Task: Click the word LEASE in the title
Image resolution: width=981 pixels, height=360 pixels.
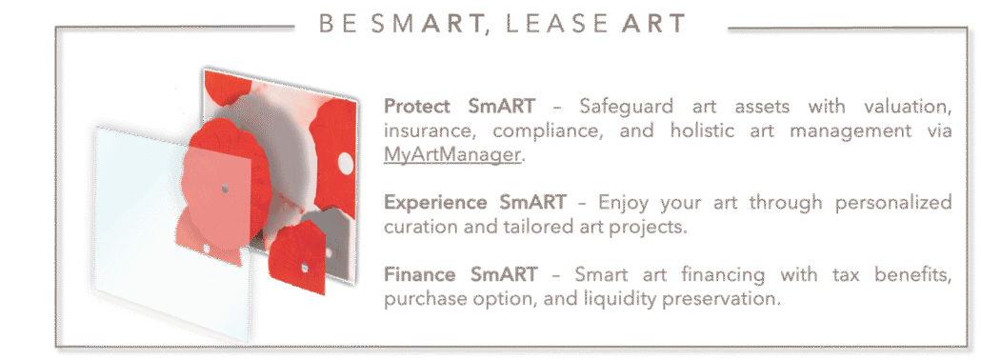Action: click(557, 24)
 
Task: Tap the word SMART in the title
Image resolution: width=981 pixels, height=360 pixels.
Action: click(429, 25)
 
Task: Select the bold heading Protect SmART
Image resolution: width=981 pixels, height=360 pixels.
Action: click(459, 106)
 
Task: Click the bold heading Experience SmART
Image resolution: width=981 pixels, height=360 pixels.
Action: click(475, 202)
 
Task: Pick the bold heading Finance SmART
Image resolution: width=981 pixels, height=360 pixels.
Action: click(460, 274)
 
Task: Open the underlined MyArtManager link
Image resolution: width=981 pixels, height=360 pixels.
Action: click(451, 154)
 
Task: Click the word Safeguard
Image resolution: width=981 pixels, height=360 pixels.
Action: click(627, 107)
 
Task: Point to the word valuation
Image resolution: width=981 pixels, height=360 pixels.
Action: click(908, 107)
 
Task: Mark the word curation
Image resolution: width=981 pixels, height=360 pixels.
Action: click(420, 227)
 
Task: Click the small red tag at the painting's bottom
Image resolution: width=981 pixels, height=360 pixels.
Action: click(298, 258)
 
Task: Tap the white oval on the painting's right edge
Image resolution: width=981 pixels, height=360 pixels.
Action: click(346, 164)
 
